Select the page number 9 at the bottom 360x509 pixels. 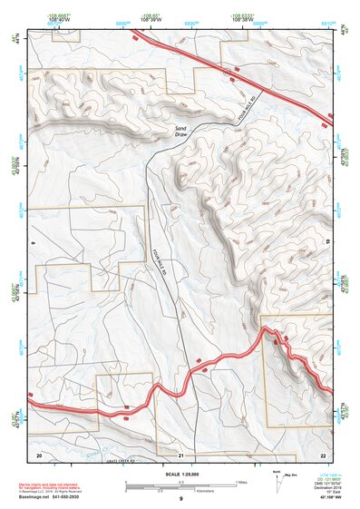point(180,499)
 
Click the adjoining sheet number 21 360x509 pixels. point(181,454)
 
